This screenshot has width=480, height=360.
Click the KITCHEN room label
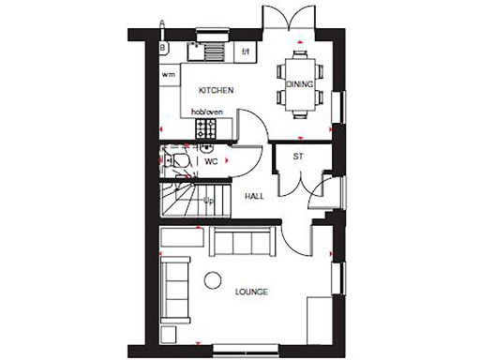pyautogui.click(x=215, y=90)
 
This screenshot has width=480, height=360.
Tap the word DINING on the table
pyautogui.click(x=300, y=82)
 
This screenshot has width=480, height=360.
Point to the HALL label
pyautogui.click(x=253, y=197)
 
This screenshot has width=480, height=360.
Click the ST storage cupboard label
pyautogui.click(x=298, y=156)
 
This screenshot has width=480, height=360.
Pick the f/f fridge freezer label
pyautogui.click(x=246, y=51)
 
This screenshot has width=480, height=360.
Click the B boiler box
pyautogui.click(x=164, y=45)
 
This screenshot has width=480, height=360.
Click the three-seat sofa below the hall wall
pyautogui.click(x=241, y=242)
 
